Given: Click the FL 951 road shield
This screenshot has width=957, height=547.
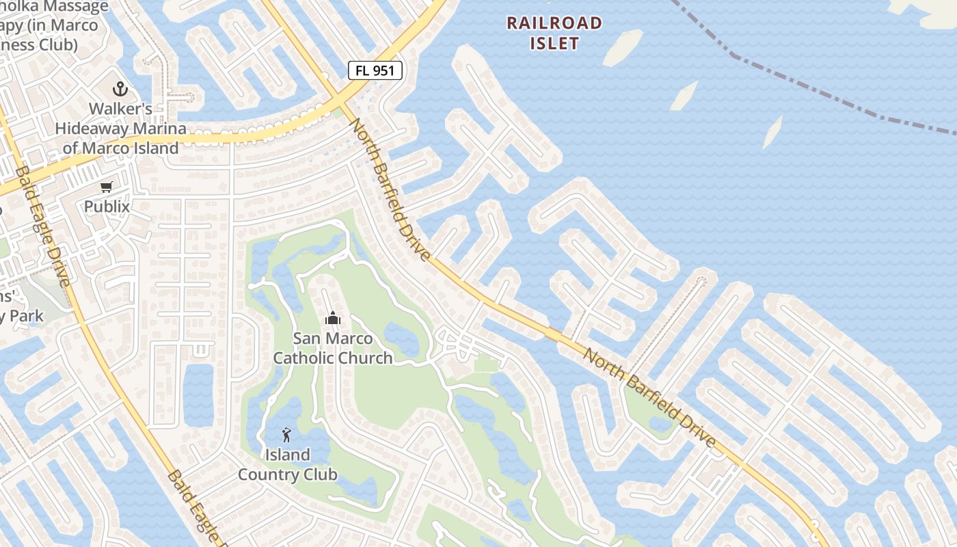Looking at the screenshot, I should click(375, 70).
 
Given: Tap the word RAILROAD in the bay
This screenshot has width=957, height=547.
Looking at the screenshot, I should click(554, 23).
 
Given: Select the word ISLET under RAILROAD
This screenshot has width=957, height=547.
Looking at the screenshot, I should click(554, 44).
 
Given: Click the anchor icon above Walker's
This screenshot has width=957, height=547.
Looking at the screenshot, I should click(120, 89).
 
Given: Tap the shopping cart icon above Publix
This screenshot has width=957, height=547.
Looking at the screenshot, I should click(107, 187).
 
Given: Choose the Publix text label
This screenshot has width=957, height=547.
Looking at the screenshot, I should click(107, 206).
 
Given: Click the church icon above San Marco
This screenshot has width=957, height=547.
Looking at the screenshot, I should click(333, 318).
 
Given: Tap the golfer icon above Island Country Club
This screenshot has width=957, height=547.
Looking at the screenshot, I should click(287, 434).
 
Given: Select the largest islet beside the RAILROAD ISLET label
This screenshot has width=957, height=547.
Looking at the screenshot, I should click(622, 48).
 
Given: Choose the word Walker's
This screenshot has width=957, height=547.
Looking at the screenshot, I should click(120, 109).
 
